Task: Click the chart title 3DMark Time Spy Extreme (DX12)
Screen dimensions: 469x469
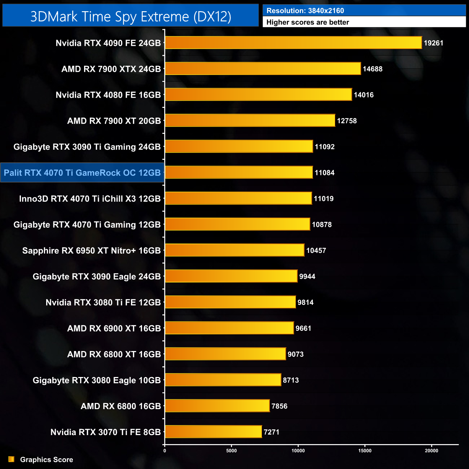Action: (x=131, y=16)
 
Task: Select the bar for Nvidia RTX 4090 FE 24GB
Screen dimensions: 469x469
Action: (x=293, y=43)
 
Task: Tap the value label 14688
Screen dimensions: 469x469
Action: (x=372, y=69)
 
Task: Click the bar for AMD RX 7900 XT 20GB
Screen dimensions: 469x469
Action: (x=250, y=120)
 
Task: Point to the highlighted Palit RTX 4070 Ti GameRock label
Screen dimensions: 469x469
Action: (x=82, y=173)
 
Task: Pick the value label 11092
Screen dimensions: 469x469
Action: (x=324, y=147)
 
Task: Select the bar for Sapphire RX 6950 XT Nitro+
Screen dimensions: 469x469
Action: (x=234, y=250)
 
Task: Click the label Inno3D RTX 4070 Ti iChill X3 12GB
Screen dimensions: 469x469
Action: (x=90, y=199)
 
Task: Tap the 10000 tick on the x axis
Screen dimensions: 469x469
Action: (x=298, y=450)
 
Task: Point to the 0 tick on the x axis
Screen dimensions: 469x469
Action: (x=165, y=450)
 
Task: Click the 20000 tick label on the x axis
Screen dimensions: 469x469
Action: (x=431, y=450)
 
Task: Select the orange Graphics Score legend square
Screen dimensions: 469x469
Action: (x=12, y=459)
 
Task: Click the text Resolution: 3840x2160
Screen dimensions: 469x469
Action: (x=305, y=11)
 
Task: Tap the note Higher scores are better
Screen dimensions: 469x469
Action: (x=307, y=22)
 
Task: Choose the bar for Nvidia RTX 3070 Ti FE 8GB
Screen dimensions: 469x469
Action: (x=213, y=431)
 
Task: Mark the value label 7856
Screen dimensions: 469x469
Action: (x=279, y=406)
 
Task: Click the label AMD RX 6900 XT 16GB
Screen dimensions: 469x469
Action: (x=114, y=328)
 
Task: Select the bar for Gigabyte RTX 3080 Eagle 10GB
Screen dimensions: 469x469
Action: (x=223, y=380)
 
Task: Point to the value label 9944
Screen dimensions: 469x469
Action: (x=307, y=276)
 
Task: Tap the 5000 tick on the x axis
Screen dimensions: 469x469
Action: (x=232, y=450)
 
